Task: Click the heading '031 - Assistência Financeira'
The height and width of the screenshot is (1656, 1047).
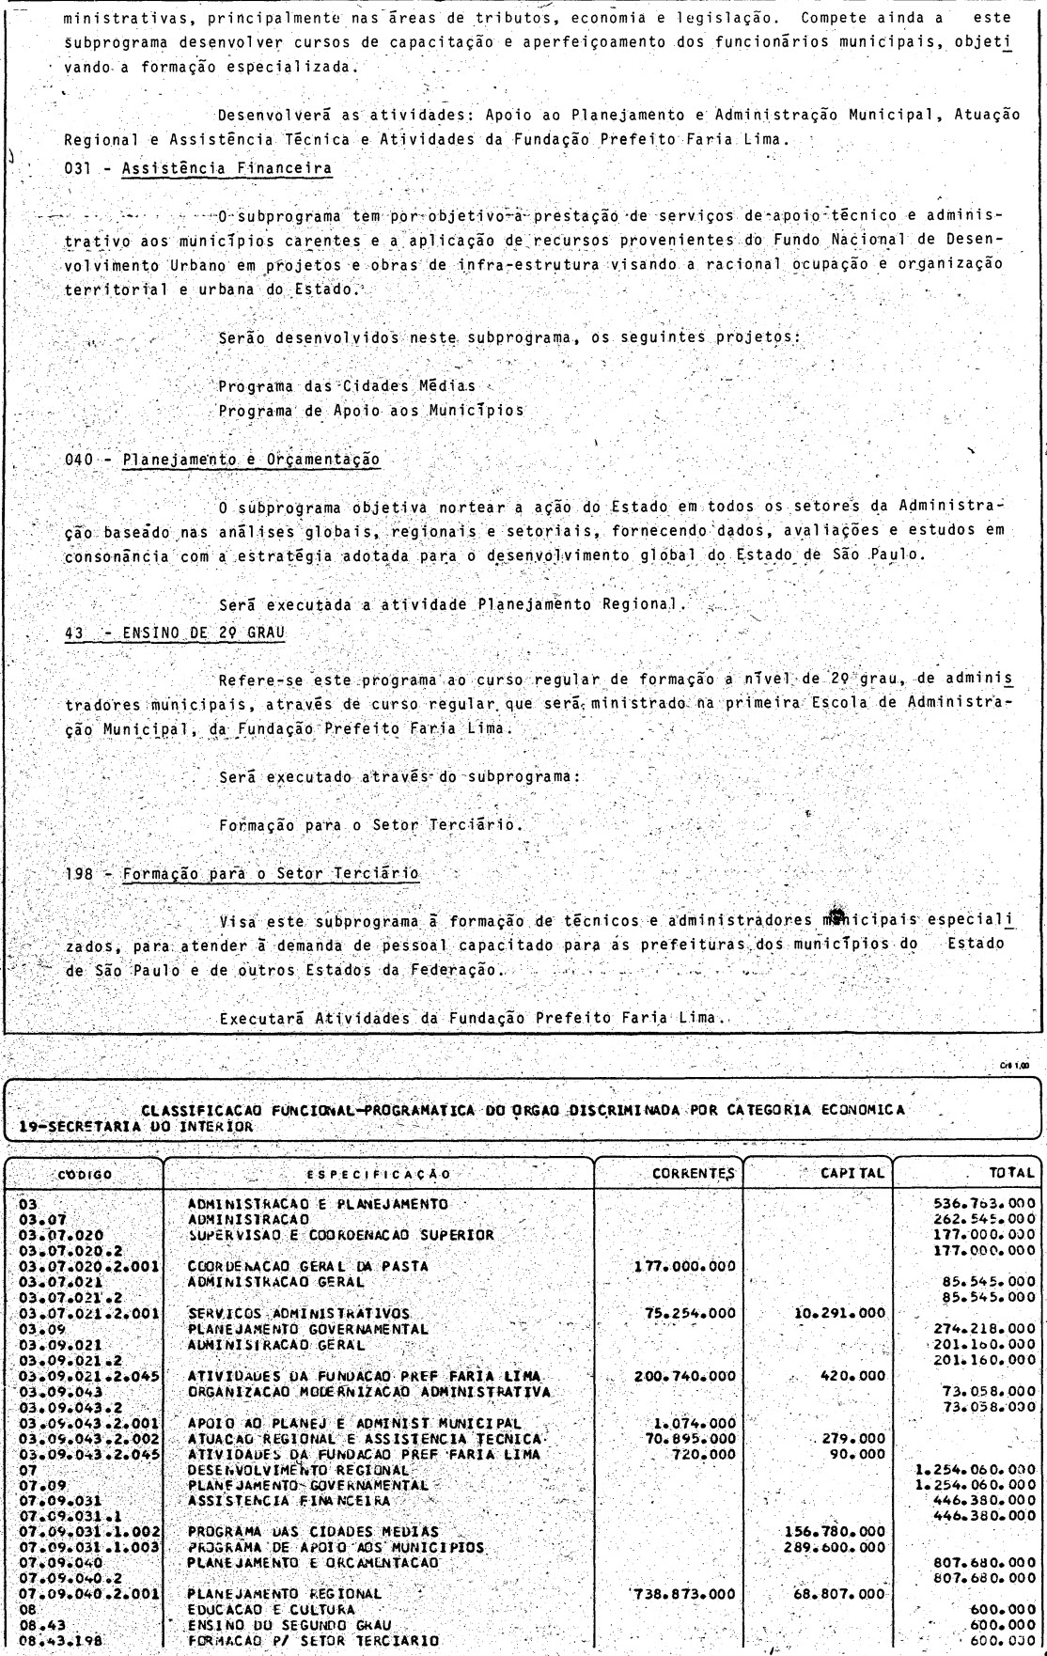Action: tap(198, 169)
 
